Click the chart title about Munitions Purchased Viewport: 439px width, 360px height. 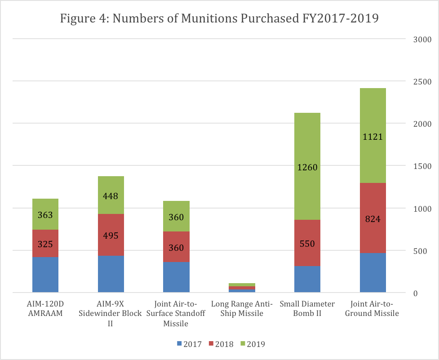(x=219, y=19)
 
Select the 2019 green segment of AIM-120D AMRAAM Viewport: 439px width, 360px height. (x=45, y=207)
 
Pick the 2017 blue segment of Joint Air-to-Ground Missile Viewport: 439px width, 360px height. (x=372, y=273)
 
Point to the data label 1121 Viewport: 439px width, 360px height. (x=372, y=137)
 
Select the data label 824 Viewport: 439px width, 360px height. (x=372, y=220)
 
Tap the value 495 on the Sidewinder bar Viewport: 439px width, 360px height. (x=111, y=236)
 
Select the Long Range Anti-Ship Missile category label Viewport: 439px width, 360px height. (x=242, y=309)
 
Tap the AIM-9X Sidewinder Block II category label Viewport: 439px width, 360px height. (x=111, y=313)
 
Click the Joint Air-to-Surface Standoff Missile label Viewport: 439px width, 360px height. (x=176, y=313)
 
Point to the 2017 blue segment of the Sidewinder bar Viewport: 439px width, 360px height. (x=111, y=274)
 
